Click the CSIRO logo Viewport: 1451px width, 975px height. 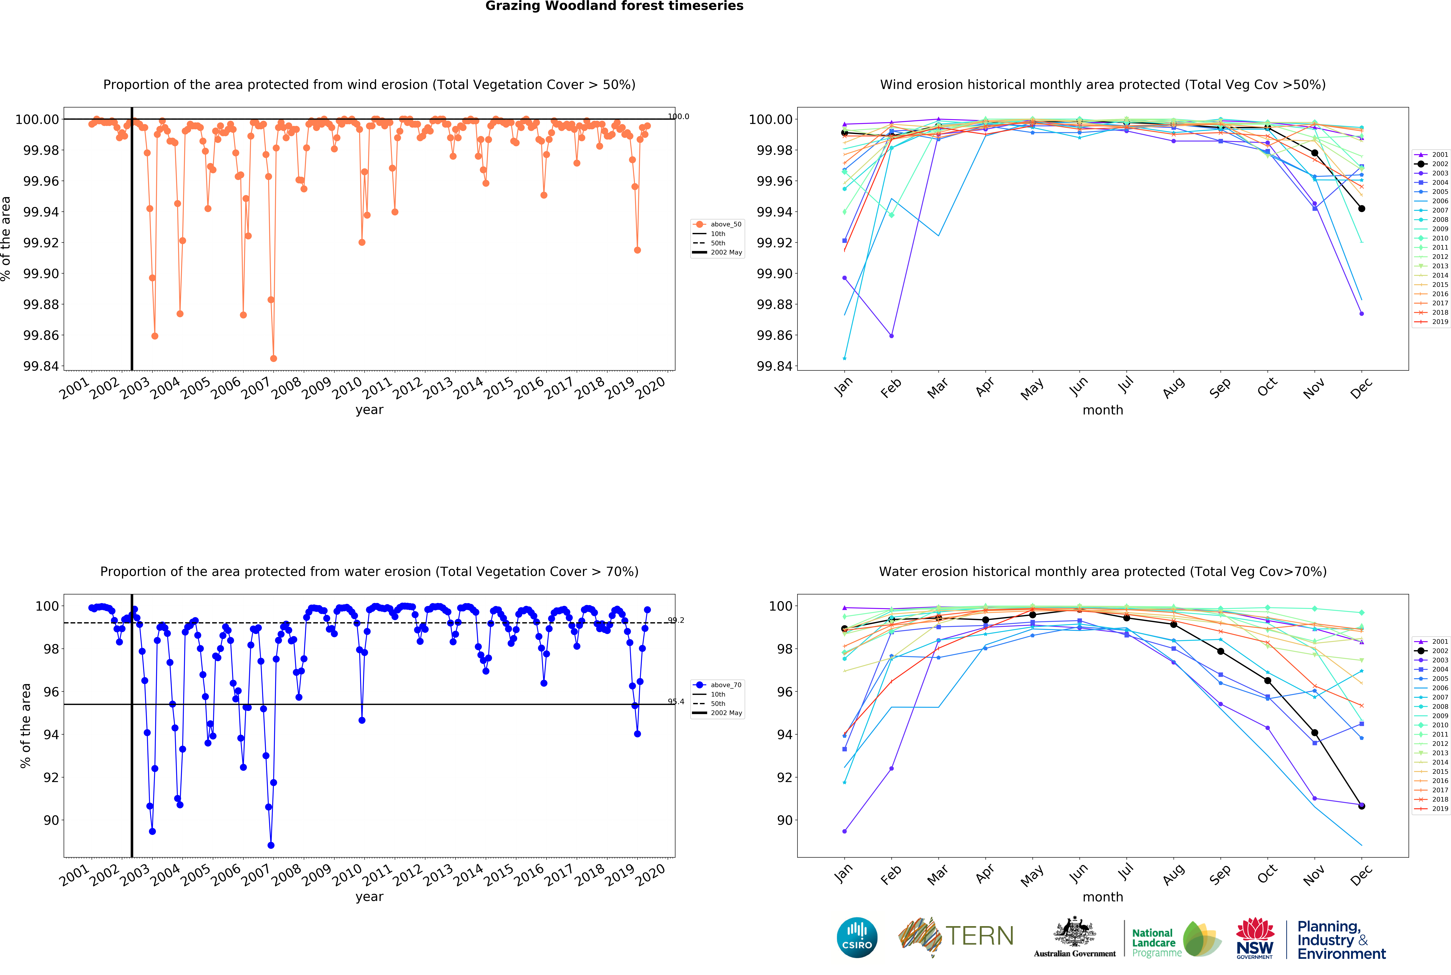[x=857, y=937]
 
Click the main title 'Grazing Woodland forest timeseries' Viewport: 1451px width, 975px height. [x=614, y=6]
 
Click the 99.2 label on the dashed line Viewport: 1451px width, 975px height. [x=676, y=620]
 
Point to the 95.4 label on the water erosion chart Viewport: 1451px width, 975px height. [x=676, y=701]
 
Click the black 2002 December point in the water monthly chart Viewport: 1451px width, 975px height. [x=1362, y=806]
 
